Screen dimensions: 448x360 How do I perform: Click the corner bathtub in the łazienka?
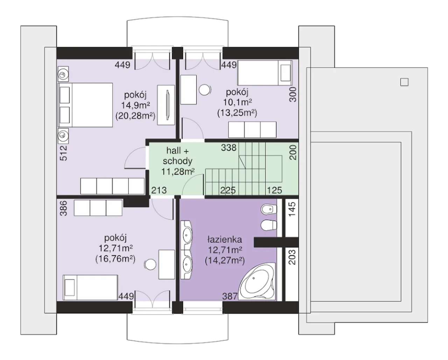257,282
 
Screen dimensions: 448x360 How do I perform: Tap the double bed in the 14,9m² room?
85,105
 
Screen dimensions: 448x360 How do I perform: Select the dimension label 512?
63,153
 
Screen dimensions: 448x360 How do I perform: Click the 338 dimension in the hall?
229,148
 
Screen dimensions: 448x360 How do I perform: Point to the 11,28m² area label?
178,172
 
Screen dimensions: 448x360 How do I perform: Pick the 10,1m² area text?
238,102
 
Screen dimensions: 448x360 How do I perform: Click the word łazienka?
225,240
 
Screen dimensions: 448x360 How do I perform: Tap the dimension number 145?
292,209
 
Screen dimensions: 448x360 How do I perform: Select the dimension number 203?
292,257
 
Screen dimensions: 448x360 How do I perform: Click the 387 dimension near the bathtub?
230,296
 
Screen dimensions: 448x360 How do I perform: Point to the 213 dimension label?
159,190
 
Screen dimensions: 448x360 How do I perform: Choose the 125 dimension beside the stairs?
275,190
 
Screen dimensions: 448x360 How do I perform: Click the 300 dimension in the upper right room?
293,95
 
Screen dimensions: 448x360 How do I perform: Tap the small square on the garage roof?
404,82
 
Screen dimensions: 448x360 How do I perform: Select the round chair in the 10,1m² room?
205,90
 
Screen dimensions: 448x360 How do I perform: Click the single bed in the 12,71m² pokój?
90,287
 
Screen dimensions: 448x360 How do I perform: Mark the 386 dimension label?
63,208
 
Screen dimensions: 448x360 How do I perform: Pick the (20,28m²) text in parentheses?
135,116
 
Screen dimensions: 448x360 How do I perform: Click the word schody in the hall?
177,161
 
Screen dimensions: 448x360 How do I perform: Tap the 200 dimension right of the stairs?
293,153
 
